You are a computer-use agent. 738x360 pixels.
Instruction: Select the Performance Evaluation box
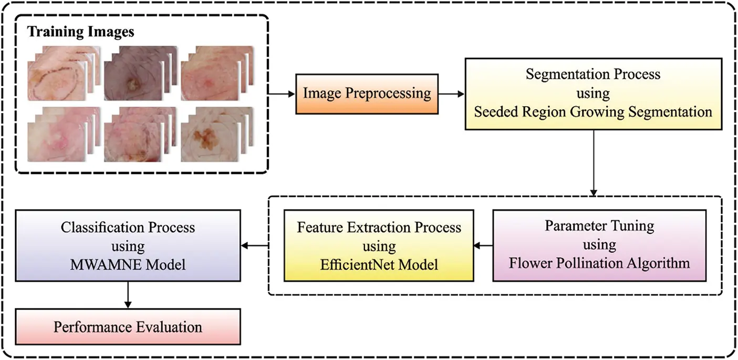pos(128,327)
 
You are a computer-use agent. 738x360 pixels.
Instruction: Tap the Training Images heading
pos(81,32)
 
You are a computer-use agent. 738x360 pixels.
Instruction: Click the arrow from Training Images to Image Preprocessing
pos(282,95)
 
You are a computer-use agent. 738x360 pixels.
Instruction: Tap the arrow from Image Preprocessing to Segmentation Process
pos(451,95)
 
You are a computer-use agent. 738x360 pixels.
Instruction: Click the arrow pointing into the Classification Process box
pos(255,245)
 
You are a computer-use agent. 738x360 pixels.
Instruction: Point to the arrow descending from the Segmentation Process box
pos(594,163)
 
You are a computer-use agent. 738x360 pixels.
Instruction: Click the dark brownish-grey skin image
pos(134,79)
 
